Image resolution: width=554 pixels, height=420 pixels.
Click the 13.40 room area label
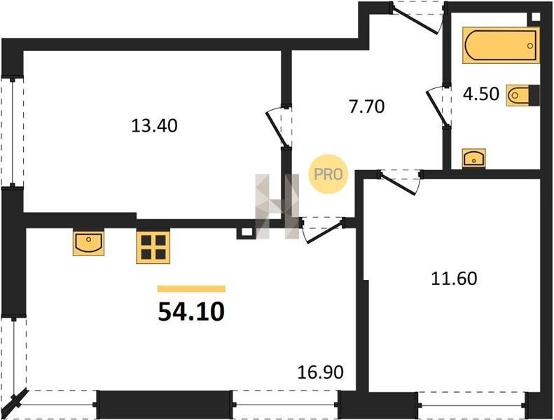click(x=154, y=126)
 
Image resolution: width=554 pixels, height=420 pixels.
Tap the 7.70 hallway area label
click(x=366, y=106)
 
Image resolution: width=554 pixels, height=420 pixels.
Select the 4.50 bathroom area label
click(x=481, y=94)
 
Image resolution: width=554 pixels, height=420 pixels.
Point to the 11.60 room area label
click(x=454, y=279)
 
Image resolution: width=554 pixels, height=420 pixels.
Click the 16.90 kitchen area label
click(x=321, y=372)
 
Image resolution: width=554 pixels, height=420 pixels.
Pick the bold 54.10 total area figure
click(x=191, y=312)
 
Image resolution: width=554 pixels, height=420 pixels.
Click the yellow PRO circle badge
click(x=328, y=174)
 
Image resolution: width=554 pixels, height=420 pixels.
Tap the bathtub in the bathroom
click(x=501, y=46)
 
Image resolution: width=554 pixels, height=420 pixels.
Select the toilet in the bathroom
click(x=523, y=95)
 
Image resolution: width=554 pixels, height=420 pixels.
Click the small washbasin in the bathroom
click(x=473, y=158)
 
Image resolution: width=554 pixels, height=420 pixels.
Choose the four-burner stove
click(x=153, y=246)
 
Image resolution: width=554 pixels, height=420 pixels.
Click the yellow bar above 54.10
click(x=191, y=289)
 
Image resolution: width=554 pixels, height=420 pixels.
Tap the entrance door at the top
click(x=419, y=17)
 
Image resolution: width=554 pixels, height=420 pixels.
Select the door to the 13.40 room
click(x=279, y=126)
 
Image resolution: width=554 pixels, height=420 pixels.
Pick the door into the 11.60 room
click(x=401, y=181)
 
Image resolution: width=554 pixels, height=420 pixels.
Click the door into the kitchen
click(x=322, y=230)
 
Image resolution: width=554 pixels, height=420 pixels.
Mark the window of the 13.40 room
click(x=13, y=132)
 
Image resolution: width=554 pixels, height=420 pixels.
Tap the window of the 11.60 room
click(x=471, y=404)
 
